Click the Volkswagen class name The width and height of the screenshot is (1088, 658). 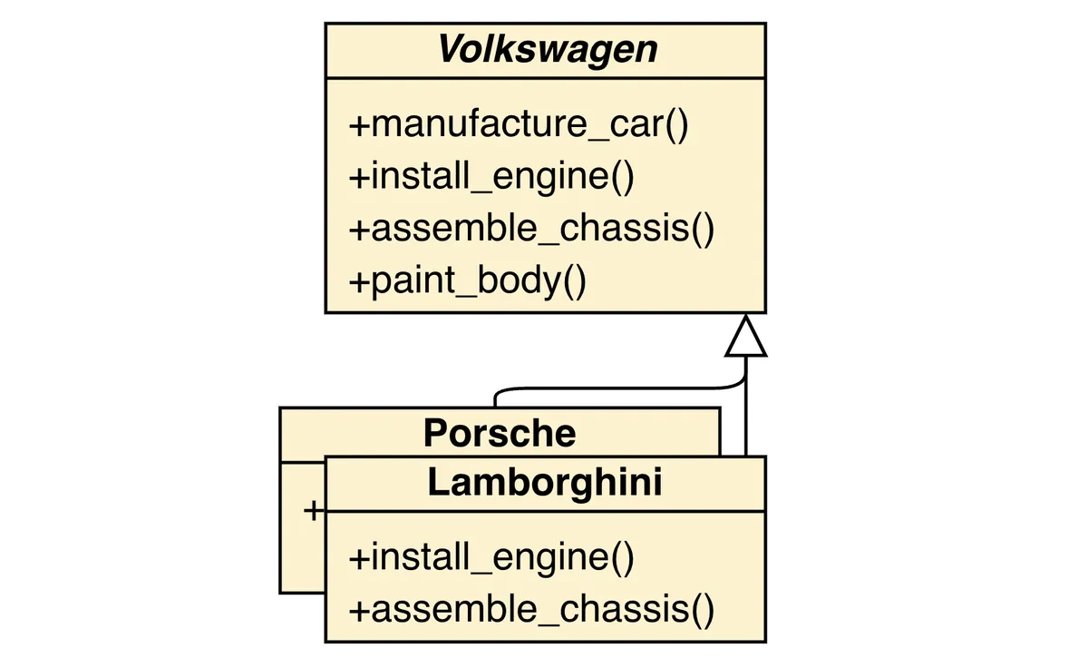click(548, 50)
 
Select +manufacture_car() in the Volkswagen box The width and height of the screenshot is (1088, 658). click(520, 124)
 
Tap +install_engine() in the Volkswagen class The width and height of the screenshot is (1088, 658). click(491, 176)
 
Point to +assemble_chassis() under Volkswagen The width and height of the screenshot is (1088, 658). click(531, 228)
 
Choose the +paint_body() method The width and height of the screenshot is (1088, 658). click(467, 280)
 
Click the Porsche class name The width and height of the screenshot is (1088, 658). click(500, 433)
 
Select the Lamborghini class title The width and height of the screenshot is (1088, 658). click(545, 484)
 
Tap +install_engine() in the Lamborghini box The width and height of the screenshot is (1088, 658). click(491, 556)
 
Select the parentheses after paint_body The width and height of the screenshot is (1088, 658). click(575, 280)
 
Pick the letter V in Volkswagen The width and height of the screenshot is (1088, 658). click(450, 50)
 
